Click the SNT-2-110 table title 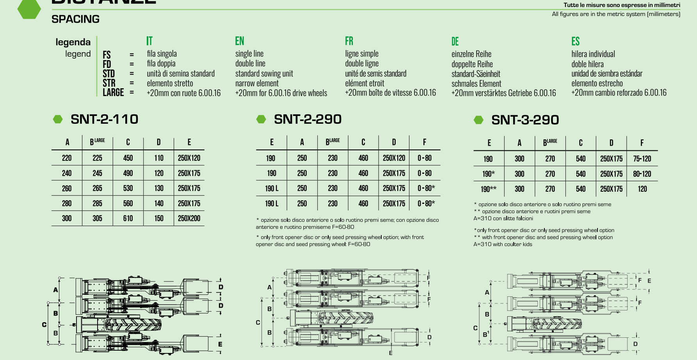[105, 119]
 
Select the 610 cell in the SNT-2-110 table [128, 218]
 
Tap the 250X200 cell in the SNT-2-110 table [189, 218]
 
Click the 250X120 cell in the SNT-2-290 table [394, 158]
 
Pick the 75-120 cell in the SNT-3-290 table [642, 159]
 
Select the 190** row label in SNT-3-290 [489, 189]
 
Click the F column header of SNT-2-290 [425, 142]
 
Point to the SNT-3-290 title [525, 120]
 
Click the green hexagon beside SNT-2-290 [261, 119]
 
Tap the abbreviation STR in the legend [109, 83]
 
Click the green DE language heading [455, 41]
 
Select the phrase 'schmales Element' [477, 84]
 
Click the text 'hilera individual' [593, 54]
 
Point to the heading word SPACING [75, 19]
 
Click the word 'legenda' [73, 42]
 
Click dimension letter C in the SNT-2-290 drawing [258, 323]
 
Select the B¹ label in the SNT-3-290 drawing [486, 334]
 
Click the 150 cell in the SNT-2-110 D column [159, 218]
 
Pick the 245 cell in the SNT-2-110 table [97, 173]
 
